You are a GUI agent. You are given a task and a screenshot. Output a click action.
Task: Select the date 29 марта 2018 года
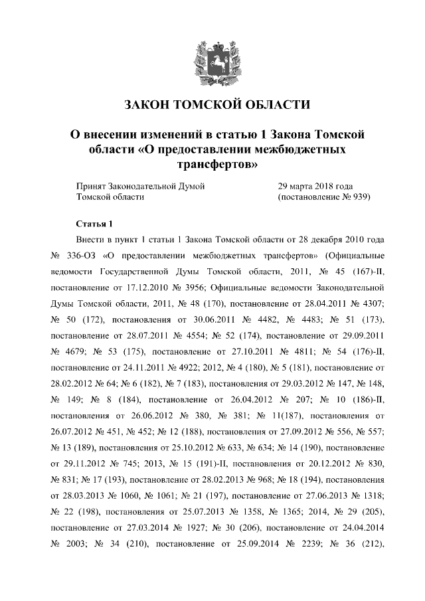coord(315,186)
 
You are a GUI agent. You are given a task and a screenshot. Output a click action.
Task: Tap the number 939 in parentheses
coord(355,197)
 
